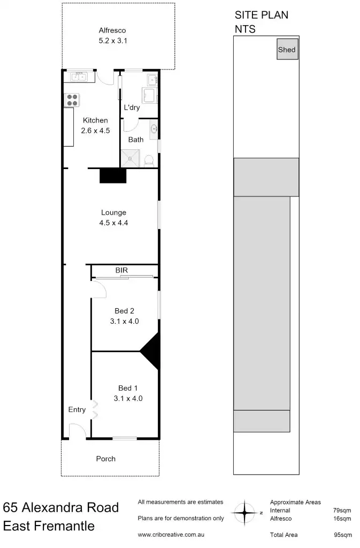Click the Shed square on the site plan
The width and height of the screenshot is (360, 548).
(x=287, y=50)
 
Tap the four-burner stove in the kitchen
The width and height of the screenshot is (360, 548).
(x=72, y=99)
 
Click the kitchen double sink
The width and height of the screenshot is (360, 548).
(x=79, y=77)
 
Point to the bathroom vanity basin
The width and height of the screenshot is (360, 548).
(x=154, y=128)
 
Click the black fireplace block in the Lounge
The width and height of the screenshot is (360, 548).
(x=112, y=176)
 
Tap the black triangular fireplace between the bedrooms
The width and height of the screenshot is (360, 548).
(x=152, y=352)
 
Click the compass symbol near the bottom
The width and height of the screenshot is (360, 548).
(x=246, y=513)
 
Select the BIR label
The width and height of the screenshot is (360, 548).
(x=121, y=271)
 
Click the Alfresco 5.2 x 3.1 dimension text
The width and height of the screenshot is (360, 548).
(x=112, y=40)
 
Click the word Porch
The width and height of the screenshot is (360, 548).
(x=105, y=459)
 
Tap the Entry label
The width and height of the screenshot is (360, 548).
(x=77, y=409)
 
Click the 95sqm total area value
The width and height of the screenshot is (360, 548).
(x=342, y=535)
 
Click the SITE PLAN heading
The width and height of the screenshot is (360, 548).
(x=261, y=15)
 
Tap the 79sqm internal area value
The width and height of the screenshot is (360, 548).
(x=342, y=510)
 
